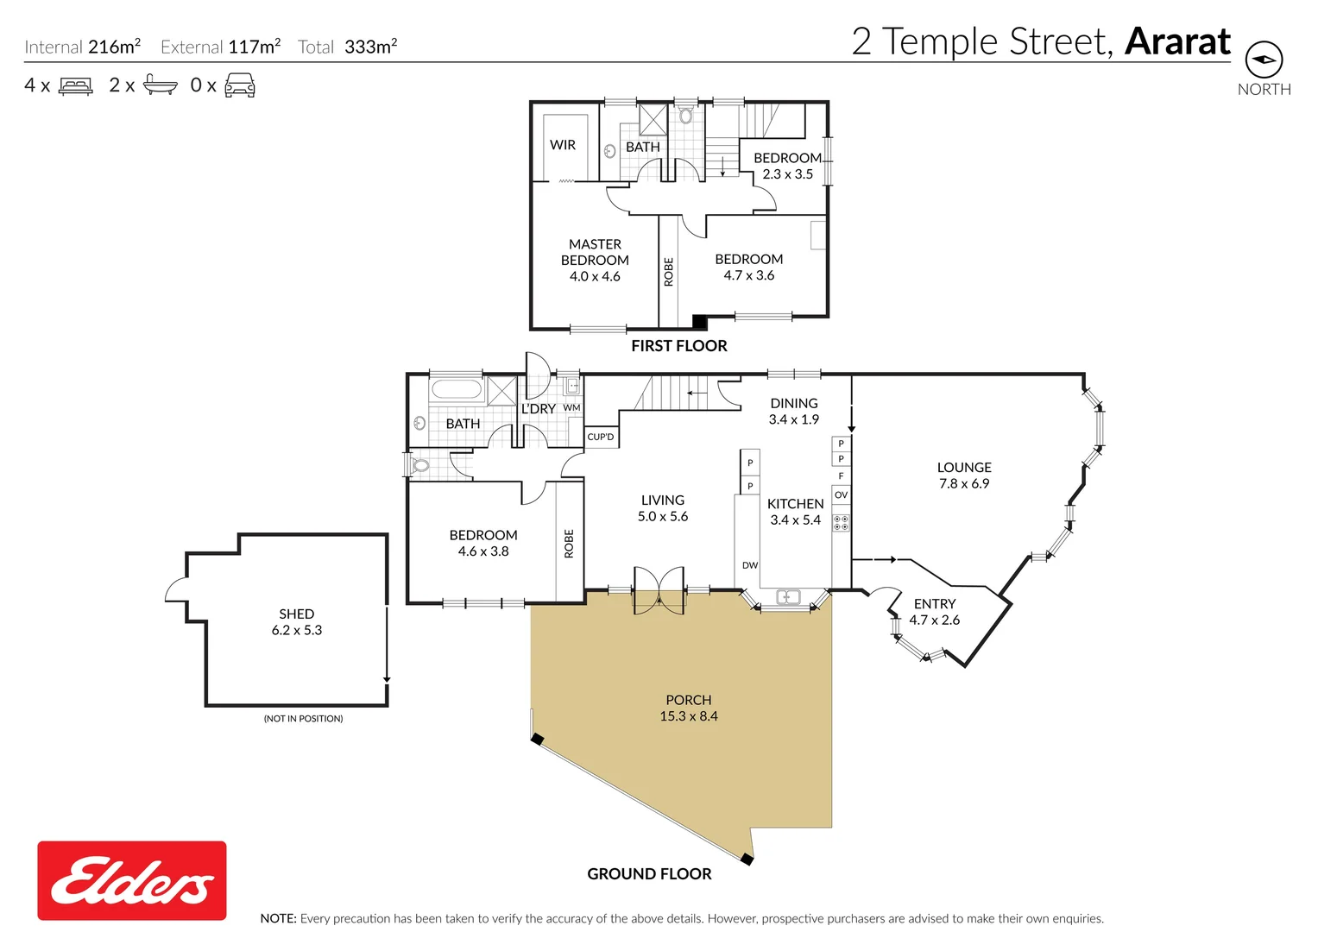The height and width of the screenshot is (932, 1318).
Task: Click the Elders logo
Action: pos(131,880)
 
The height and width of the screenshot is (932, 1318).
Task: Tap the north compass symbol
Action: pos(1264,60)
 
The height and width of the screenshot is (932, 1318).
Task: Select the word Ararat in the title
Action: pos(1177,41)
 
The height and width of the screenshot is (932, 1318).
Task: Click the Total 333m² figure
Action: pos(348,47)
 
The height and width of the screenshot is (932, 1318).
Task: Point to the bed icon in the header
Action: pos(76,85)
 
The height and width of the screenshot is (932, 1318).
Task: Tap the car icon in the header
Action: pos(240,85)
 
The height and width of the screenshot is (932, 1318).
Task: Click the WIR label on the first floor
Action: pos(563,145)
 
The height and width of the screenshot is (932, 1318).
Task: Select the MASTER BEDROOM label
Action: pos(595,252)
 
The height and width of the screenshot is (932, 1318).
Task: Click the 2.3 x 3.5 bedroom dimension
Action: pos(787,174)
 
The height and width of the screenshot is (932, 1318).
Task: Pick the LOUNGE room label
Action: pos(964,468)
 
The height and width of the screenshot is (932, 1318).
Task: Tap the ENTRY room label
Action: pos(935,604)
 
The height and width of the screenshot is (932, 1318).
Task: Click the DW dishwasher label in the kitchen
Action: pos(750,566)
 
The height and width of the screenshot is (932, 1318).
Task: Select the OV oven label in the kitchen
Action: pos(841,495)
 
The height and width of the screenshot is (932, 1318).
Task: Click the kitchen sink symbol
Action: pos(788,597)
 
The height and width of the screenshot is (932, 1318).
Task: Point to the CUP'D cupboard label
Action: pos(601,437)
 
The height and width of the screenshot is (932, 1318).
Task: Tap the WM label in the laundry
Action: pos(571,408)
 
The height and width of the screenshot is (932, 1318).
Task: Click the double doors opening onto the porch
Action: pos(659,591)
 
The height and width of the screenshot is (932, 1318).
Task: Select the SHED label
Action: pos(296,614)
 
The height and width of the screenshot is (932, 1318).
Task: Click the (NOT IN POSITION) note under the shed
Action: pos(303,719)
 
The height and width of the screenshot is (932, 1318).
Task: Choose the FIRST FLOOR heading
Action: pos(678,346)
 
